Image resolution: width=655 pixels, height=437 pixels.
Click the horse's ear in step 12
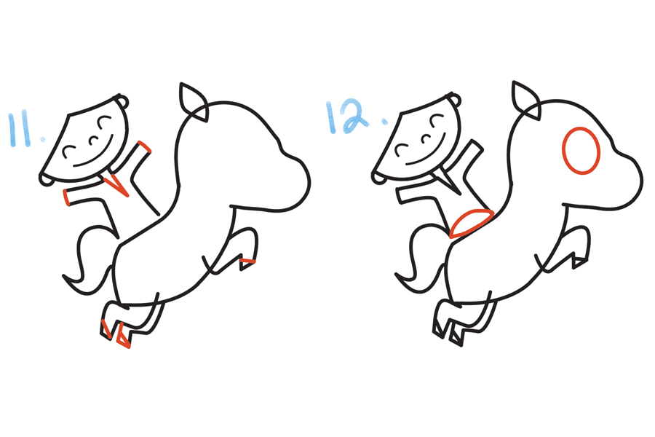(526, 100)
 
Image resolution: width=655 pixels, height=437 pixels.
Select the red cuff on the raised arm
(145, 147)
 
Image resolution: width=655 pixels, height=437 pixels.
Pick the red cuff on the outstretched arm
(66, 197)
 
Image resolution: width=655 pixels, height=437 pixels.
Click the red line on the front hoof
(247, 261)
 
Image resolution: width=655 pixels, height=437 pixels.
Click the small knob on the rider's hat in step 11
(123, 101)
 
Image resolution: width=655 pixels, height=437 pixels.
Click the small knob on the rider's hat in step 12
(455, 99)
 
